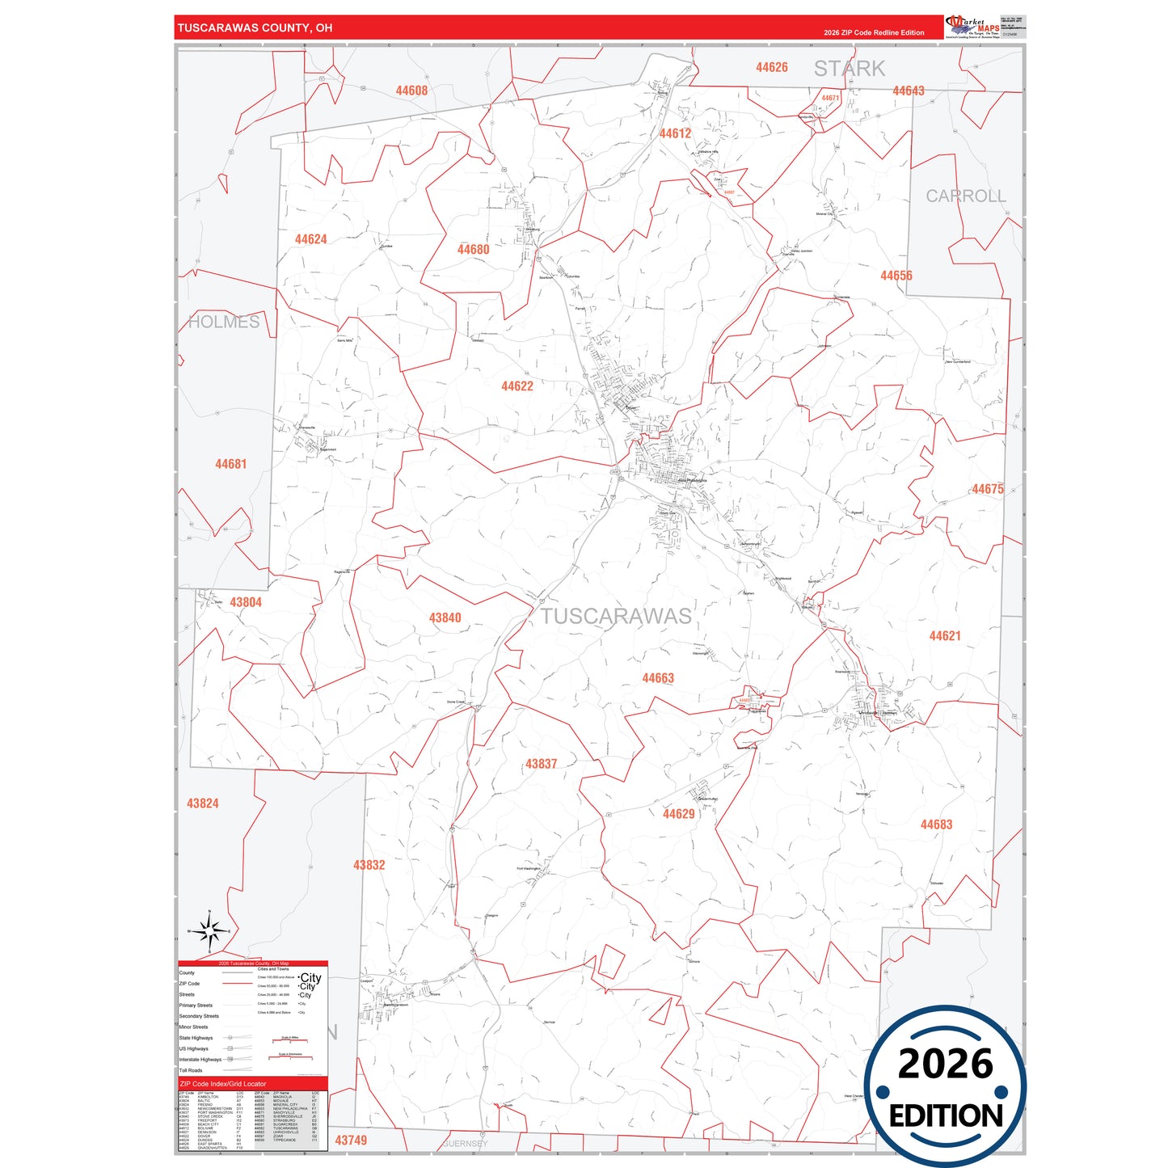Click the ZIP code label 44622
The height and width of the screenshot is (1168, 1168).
(x=517, y=386)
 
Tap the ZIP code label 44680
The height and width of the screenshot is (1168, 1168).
(x=474, y=250)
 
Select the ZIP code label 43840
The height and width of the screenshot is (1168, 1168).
(x=445, y=618)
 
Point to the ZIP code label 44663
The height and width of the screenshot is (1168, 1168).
(x=658, y=678)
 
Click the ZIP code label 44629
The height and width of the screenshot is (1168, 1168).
(x=679, y=814)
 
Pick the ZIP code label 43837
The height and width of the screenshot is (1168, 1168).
(x=542, y=764)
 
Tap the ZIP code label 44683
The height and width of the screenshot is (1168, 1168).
(x=937, y=824)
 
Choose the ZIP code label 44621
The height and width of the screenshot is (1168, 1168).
(x=945, y=636)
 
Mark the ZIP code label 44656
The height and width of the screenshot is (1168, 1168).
(x=896, y=276)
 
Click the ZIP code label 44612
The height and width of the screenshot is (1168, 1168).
(x=675, y=134)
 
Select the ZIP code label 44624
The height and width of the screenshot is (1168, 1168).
(x=311, y=239)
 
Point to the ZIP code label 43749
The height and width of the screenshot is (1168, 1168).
(x=351, y=1141)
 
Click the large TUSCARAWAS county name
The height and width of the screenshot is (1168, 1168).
(x=616, y=617)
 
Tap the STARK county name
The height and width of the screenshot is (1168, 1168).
(x=850, y=69)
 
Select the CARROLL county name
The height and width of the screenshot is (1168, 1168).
(x=966, y=196)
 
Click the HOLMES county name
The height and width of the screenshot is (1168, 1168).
(x=224, y=322)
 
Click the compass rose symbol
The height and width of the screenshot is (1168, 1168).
(x=210, y=933)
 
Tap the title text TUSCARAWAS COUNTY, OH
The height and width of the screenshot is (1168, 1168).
(x=255, y=28)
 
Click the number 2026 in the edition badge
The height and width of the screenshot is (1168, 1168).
(x=946, y=1064)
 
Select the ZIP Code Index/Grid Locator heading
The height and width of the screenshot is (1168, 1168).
(x=223, y=1084)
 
